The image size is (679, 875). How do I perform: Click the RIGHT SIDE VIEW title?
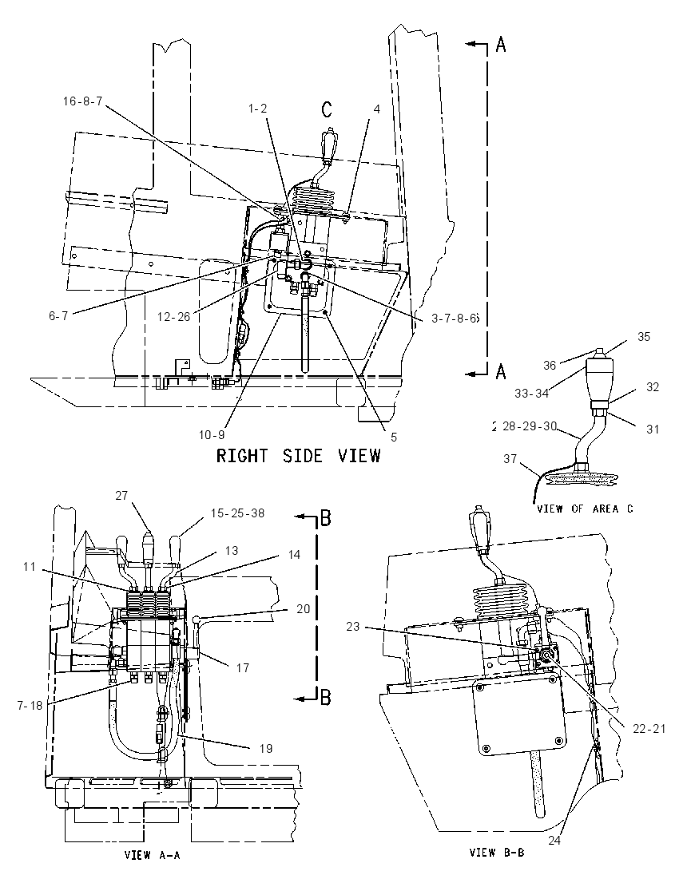[298, 456]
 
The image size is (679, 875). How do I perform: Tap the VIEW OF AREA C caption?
[585, 509]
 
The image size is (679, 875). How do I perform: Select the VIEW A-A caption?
[152, 854]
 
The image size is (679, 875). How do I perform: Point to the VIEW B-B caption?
[496, 852]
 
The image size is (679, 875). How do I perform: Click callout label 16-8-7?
[82, 101]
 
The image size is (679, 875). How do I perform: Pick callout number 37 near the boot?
[510, 458]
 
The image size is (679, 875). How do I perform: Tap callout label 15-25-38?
[237, 513]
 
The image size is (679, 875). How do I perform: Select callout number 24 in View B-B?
[554, 840]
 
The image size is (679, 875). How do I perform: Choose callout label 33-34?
[531, 394]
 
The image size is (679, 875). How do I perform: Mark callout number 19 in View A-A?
[266, 748]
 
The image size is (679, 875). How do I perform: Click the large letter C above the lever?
[327, 109]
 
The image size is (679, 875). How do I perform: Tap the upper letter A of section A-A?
[501, 45]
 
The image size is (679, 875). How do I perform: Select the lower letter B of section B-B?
[326, 697]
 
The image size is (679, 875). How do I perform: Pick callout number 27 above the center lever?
[121, 495]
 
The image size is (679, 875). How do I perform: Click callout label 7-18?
[30, 706]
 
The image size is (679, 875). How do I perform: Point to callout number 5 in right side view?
[394, 437]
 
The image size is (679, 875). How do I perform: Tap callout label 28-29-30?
[529, 426]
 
